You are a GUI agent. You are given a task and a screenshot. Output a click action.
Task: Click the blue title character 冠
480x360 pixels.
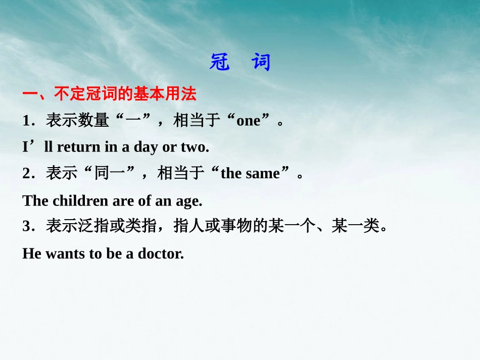220,63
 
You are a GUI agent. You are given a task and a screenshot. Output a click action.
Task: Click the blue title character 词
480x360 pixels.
262,63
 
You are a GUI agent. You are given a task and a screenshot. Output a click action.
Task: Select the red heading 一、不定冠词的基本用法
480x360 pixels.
109,94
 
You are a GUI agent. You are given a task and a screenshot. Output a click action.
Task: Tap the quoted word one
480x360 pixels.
248,121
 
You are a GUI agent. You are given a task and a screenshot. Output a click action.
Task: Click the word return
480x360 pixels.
79,147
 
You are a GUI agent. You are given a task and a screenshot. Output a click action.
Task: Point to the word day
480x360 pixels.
146,147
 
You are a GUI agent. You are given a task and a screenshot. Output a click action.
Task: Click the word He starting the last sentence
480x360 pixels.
31,253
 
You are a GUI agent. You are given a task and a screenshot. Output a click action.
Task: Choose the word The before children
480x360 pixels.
35,200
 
